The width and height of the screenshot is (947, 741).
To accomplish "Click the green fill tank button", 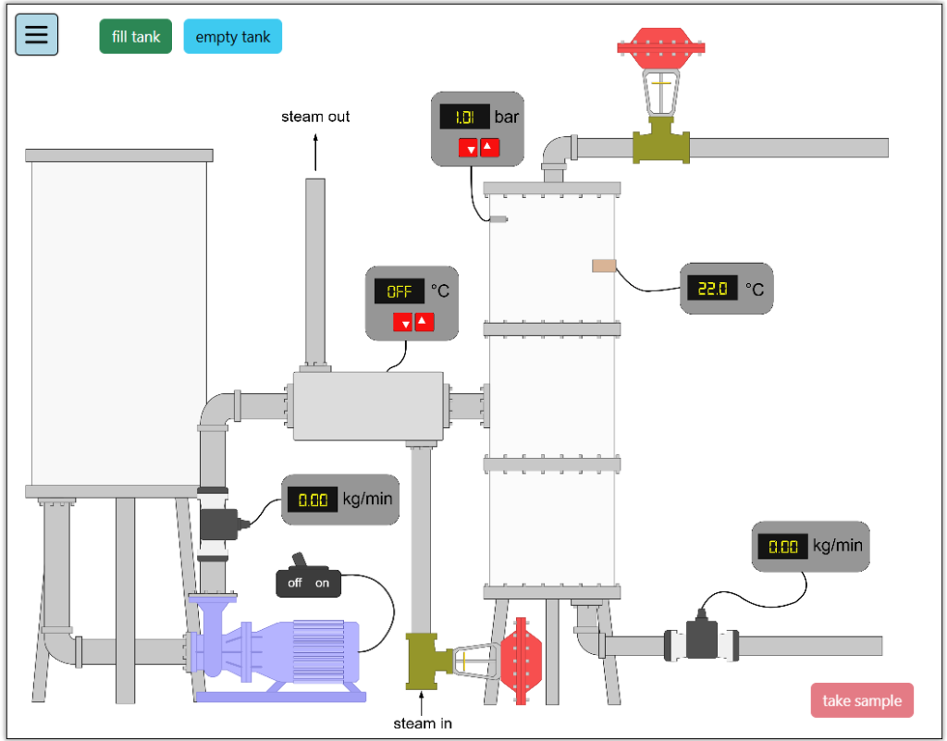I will tap(136, 37).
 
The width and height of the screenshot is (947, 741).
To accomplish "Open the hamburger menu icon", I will tap(36, 34).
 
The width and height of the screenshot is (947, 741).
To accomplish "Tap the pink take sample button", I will tap(862, 700).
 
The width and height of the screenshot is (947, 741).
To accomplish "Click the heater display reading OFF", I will tap(399, 291).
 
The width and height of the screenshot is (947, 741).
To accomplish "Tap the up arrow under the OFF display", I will tap(424, 322).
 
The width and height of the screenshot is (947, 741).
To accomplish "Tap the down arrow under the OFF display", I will tap(403, 323).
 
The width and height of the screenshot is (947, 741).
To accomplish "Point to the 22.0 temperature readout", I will tap(711, 289).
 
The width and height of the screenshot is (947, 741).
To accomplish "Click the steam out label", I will tap(315, 117).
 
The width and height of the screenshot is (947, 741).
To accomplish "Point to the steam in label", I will tap(423, 722).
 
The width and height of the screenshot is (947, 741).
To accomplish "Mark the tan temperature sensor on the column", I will tap(604, 266).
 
